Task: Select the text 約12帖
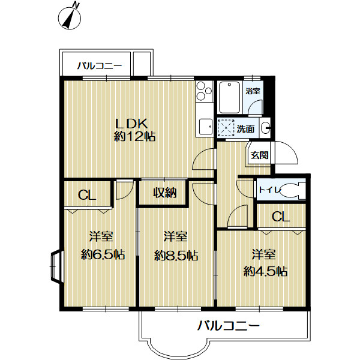(135, 137)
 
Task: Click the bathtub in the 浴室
(230, 97)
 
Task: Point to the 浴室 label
(253, 91)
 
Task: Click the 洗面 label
(245, 128)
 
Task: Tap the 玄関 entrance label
(259, 155)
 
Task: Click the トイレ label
(268, 190)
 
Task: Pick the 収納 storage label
(163, 193)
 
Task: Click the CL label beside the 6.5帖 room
(87, 195)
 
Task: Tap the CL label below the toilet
(280, 217)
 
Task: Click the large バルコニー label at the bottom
(229, 326)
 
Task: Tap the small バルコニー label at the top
(100, 67)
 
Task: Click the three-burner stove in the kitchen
(205, 94)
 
